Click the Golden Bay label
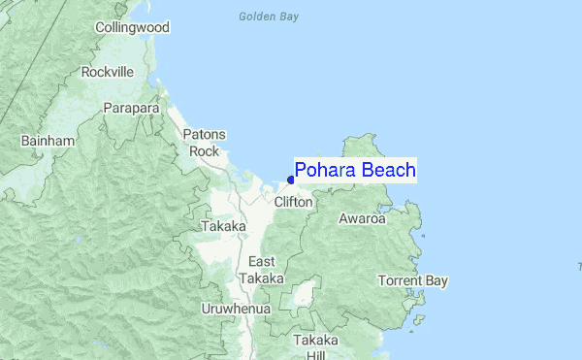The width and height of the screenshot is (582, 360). [x=269, y=16]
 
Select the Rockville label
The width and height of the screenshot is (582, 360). [x=108, y=72]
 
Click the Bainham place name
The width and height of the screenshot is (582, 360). [x=48, y=142]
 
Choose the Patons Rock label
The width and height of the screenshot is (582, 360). [x=205, y=143]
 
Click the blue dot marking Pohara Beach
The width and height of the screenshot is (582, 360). [x=291, y=180]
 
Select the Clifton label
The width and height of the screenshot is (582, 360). [x=293, y=202]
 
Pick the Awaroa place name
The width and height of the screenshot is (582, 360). [x=362, y=218]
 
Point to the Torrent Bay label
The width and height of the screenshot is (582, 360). [x=413, y=281]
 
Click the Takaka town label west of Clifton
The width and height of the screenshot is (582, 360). [x=223, y=226]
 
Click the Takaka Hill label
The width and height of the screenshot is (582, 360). [x=316, y=348]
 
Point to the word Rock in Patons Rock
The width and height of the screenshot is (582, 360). [x=205, y=151]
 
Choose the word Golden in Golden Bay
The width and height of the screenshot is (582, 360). [x=256, y=16]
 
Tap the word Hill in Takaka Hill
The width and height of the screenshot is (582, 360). [x=316, y=356]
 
